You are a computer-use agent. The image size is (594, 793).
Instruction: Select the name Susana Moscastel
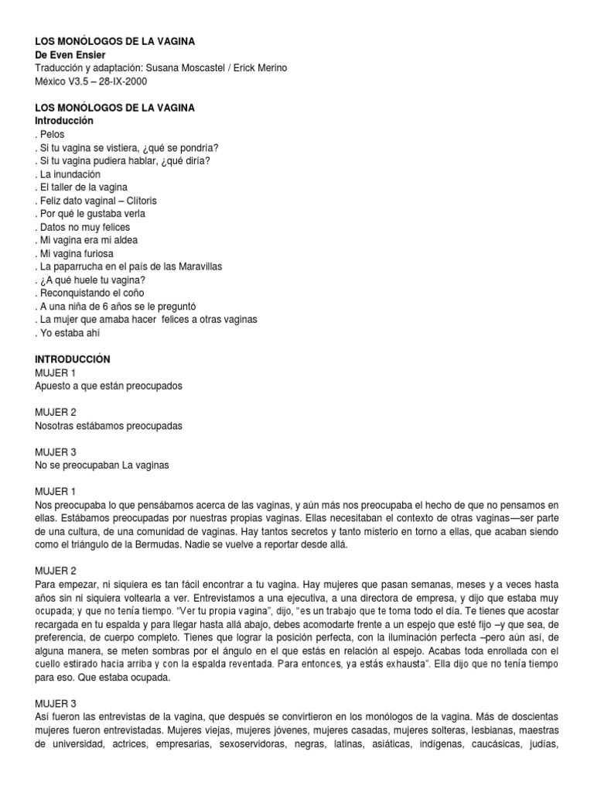[179, 68]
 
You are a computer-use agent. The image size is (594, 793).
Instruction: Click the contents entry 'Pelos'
[53, 135]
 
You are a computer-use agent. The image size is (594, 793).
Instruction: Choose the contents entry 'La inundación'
[69, 174]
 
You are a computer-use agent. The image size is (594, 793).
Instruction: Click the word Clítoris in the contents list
[152, 201]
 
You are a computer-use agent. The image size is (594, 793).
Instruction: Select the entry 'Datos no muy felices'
[84, 227]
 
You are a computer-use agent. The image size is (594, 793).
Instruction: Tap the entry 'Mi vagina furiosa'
[76, 253]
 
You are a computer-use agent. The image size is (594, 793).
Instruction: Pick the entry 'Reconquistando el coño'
[89, 293]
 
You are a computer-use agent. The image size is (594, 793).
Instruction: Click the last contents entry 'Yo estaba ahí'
[69, 333]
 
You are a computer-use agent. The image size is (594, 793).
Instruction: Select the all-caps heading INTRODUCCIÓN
[73, 359]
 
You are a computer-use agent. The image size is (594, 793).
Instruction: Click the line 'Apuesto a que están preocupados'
[109, 386]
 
